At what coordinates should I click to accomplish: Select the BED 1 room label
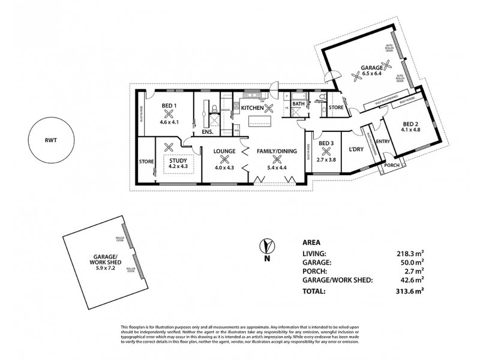(x=170, y=106)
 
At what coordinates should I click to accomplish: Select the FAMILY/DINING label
(x=277, y=151)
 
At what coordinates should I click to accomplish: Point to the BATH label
(x=298, y=104)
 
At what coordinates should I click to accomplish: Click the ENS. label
(x=208, y=131)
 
